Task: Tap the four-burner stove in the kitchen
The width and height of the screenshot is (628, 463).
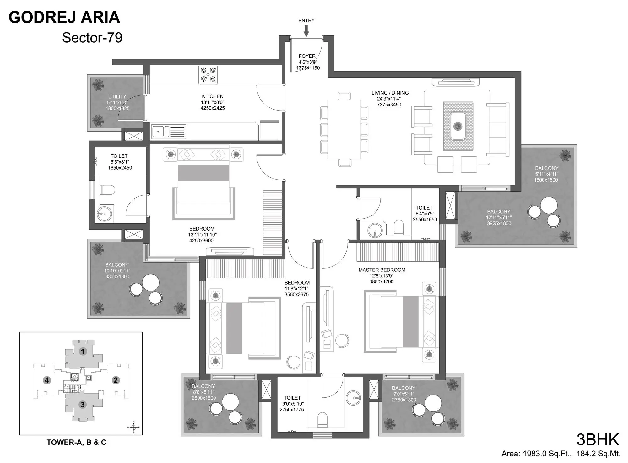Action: [x=208, y=75]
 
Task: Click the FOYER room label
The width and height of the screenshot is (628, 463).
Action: [x=307, y=56]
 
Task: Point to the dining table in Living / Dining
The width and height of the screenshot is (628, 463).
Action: [x=344, y=129]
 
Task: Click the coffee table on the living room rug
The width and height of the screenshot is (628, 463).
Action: [x=458, y=126]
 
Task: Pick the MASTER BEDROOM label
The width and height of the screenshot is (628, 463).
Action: [x=382, y=270]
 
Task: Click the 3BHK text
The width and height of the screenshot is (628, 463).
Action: [x=598, y=439]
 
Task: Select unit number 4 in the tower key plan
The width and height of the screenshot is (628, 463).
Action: [x=47, y=380]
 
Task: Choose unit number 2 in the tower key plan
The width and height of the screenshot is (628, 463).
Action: [x=116, y=380]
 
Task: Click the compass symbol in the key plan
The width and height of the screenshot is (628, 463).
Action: [x=134, y=427]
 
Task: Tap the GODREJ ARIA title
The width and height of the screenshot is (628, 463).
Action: [x=64, y=17]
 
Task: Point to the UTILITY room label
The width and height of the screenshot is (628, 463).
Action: [x=117, y=97]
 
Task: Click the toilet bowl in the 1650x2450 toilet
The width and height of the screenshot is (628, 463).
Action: [x=107, y=190]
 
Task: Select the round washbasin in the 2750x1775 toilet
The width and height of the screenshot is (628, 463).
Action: [x=353, y=398]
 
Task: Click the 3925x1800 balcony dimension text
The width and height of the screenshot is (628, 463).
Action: [x=499, y=223]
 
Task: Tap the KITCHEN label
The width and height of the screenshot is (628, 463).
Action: [x=213, y=96]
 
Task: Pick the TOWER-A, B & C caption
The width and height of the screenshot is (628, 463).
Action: [x=76, y=442]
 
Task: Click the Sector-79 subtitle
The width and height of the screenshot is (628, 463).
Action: [x=92, y=38]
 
